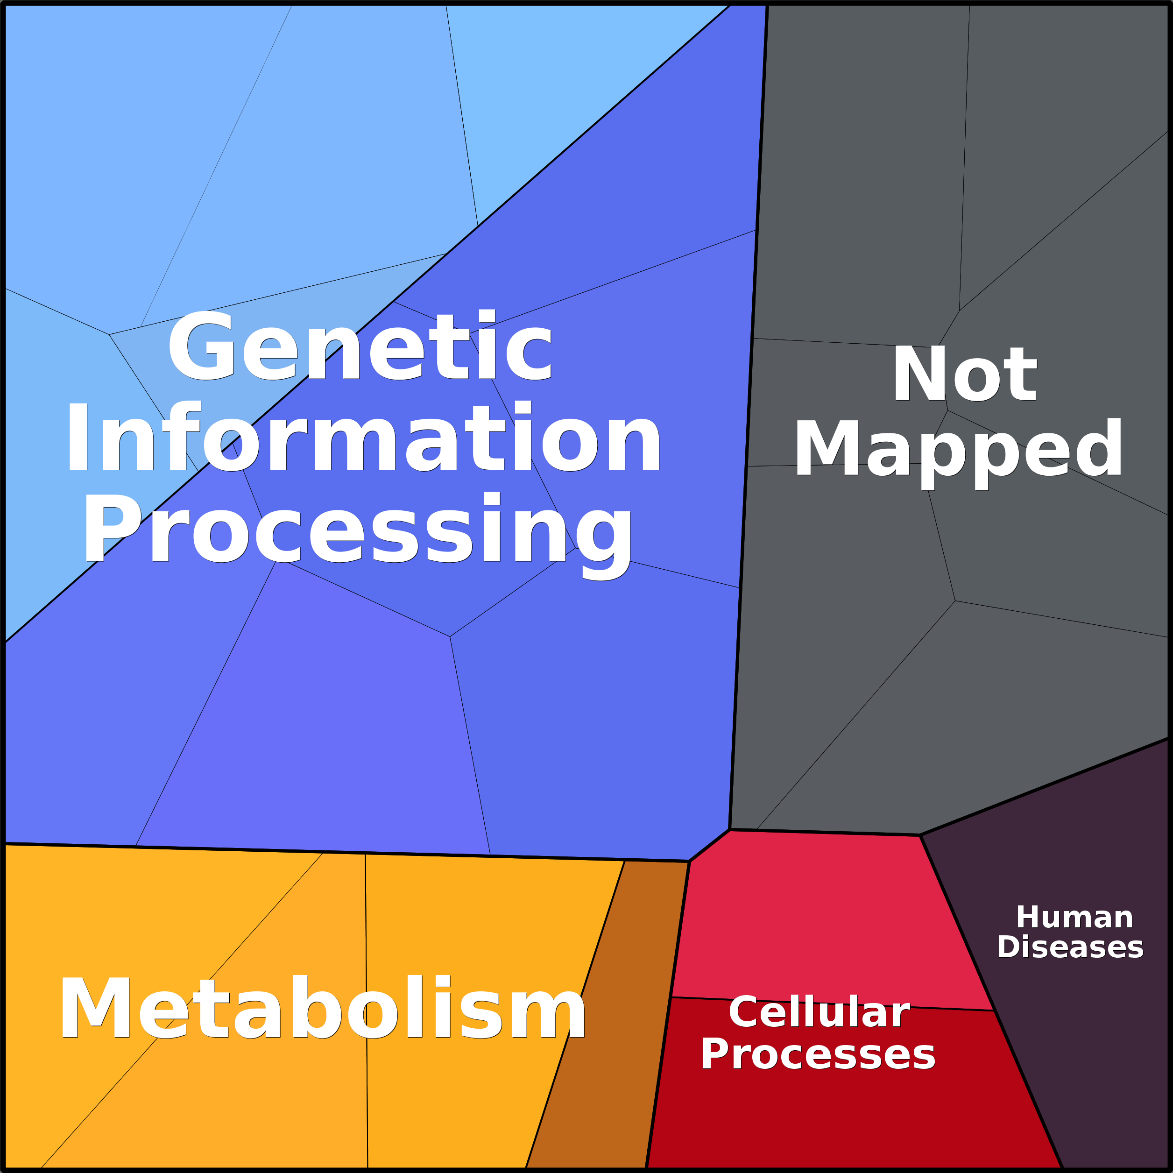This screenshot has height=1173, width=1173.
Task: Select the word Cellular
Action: pos(819,1012)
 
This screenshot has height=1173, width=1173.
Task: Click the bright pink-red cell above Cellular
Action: pos(832,917)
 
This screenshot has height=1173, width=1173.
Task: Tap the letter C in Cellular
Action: pos(744,1012)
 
